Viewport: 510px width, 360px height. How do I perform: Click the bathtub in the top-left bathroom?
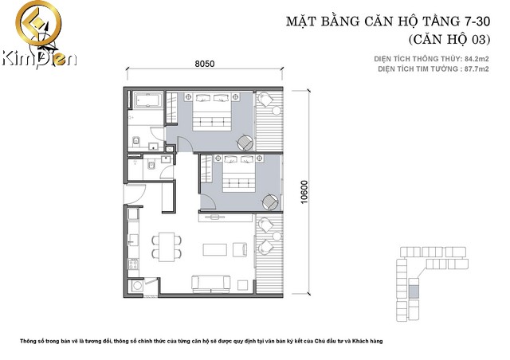(147, 103)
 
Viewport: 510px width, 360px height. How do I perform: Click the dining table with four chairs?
(167, 245)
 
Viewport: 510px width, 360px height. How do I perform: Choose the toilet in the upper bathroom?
(138, 142)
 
